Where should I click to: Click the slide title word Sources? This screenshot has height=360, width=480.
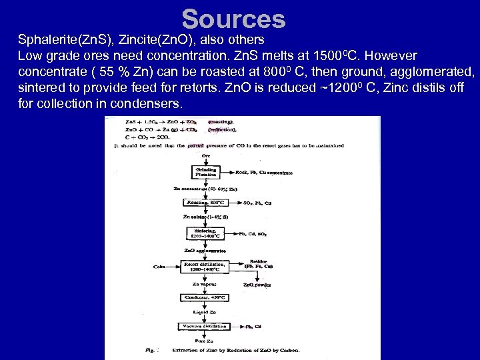[x=233, y=19]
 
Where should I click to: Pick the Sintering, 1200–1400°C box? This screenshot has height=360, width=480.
[x=205, y=233]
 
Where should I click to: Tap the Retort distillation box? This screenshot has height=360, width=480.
[x=205, y=265]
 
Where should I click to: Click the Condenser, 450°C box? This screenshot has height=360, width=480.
[x=205, y=297]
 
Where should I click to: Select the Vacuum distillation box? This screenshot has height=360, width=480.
[x=205, y=327]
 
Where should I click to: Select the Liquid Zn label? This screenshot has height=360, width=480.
[x=205, y=313]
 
